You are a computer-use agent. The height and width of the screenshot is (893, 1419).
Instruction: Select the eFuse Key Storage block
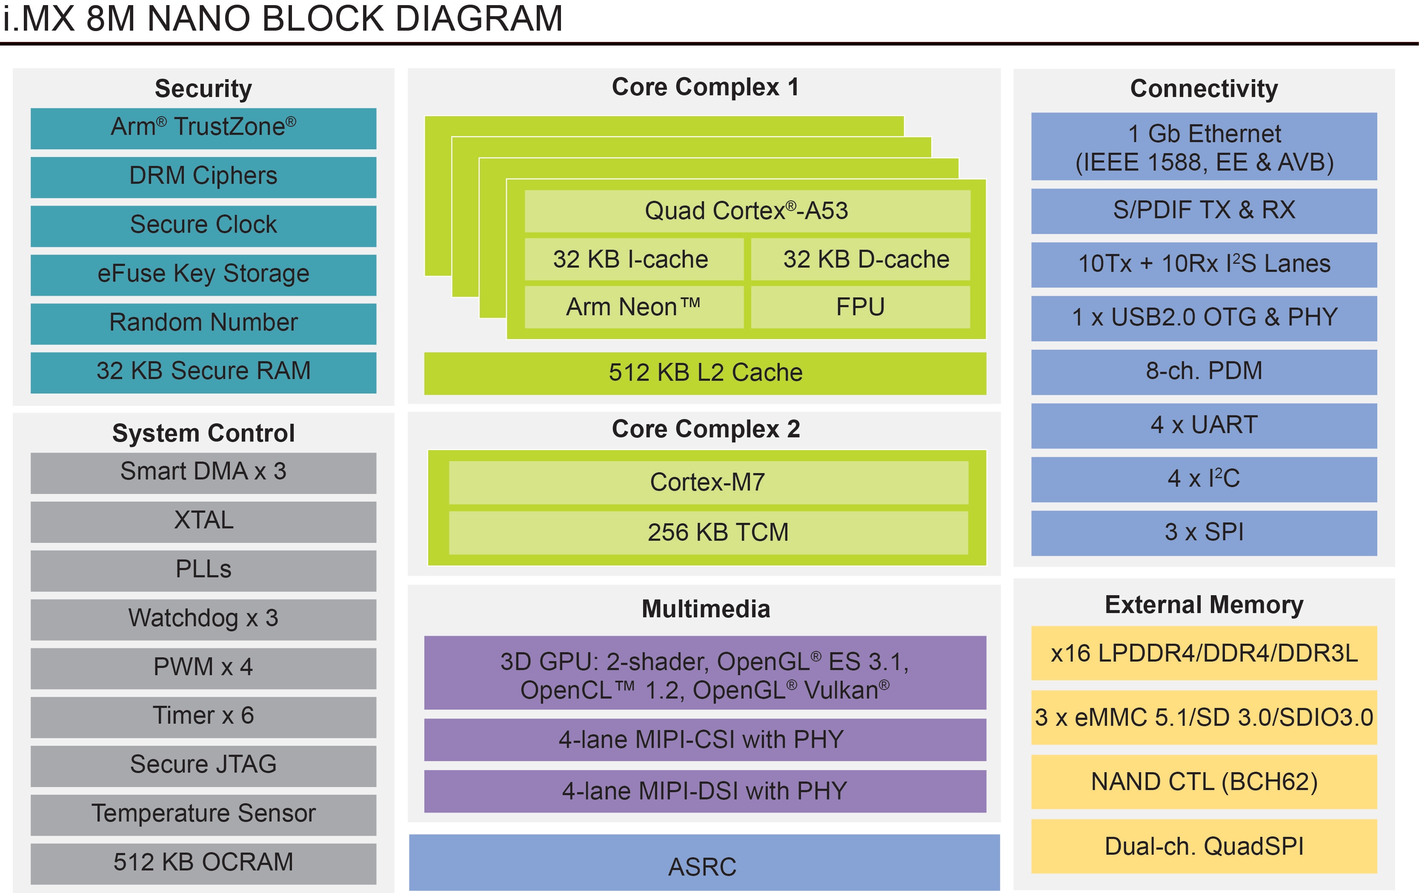pos(203,274)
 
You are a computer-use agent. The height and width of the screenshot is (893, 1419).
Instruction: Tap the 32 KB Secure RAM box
pos(203,372)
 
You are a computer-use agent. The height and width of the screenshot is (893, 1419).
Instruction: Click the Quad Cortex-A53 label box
pos(747,211)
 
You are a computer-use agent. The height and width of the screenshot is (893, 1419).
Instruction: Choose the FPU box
pos(860,307)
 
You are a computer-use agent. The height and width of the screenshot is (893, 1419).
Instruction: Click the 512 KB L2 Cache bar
pos(705,373)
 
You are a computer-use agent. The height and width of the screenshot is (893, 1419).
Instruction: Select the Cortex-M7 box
pos(708,482)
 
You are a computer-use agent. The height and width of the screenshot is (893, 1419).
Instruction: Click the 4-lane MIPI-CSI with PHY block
pos(705,739)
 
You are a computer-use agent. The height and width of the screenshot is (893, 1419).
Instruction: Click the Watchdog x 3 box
pos(203,619)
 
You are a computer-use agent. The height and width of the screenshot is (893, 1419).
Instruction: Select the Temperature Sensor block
pos(203,814)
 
